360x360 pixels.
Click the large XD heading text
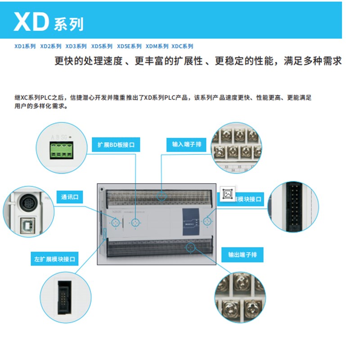(31, 21)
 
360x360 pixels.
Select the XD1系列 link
(25, 46)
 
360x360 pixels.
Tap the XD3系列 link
(76, 46)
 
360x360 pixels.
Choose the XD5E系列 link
(129, 46)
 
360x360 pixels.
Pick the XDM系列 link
(157, 46)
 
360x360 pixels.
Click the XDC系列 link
(182, 46)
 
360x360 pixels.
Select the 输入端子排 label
(186, 145)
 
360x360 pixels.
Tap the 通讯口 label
(70, 197)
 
